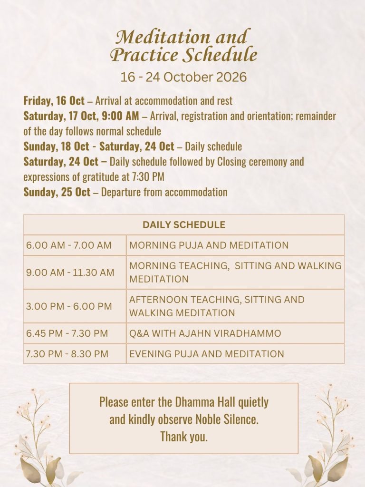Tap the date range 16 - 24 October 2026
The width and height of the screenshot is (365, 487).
coord(183,77)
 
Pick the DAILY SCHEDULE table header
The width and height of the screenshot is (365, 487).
coord(183,224)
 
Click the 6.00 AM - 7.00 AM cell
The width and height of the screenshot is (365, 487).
coord(69,245)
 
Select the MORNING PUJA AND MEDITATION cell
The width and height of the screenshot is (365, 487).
coord(209,245)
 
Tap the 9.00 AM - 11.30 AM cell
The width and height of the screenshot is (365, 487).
coord(70,273)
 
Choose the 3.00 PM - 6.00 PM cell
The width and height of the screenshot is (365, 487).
coord(69,306)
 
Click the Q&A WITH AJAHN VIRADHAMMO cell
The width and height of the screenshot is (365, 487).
coord(205,333)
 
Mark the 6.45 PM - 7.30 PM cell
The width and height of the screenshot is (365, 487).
coord(67,333)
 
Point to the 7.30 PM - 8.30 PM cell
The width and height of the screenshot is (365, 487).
coord(67,354)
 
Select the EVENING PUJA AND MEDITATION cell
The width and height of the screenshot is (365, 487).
coord(207,354)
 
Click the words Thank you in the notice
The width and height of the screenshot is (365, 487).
coord(184,437)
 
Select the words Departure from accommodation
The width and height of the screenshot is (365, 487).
coord(164,192)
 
